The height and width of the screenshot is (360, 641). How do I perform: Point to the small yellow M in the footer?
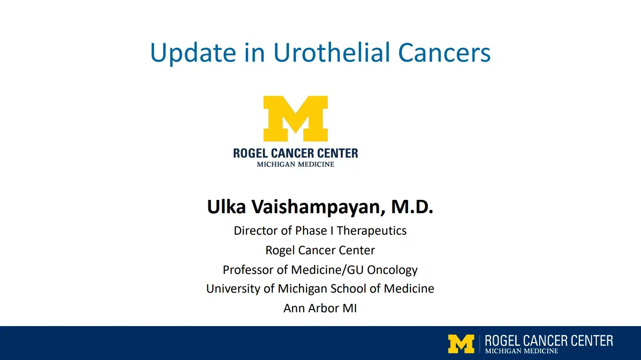pos(461,343)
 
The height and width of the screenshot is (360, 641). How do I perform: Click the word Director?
pos(256,231)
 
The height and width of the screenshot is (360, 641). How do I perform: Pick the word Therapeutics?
pos(372,231)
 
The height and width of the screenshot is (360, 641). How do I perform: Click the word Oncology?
pos(392,270)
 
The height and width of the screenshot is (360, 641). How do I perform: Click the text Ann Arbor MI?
pos(320,308)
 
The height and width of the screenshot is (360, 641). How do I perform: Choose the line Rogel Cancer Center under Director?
pos(320,250)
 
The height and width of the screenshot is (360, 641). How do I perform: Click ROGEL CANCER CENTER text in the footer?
pos(549,341)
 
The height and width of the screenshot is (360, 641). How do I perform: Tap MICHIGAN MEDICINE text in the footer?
pos(521,351)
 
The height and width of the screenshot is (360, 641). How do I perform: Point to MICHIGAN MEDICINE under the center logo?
pos(295,164)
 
